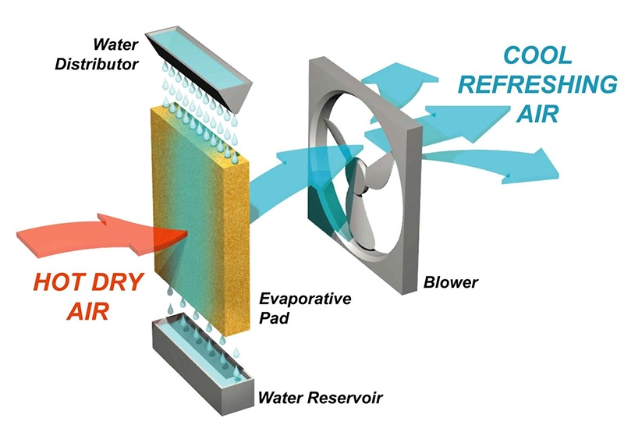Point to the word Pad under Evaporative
274,319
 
